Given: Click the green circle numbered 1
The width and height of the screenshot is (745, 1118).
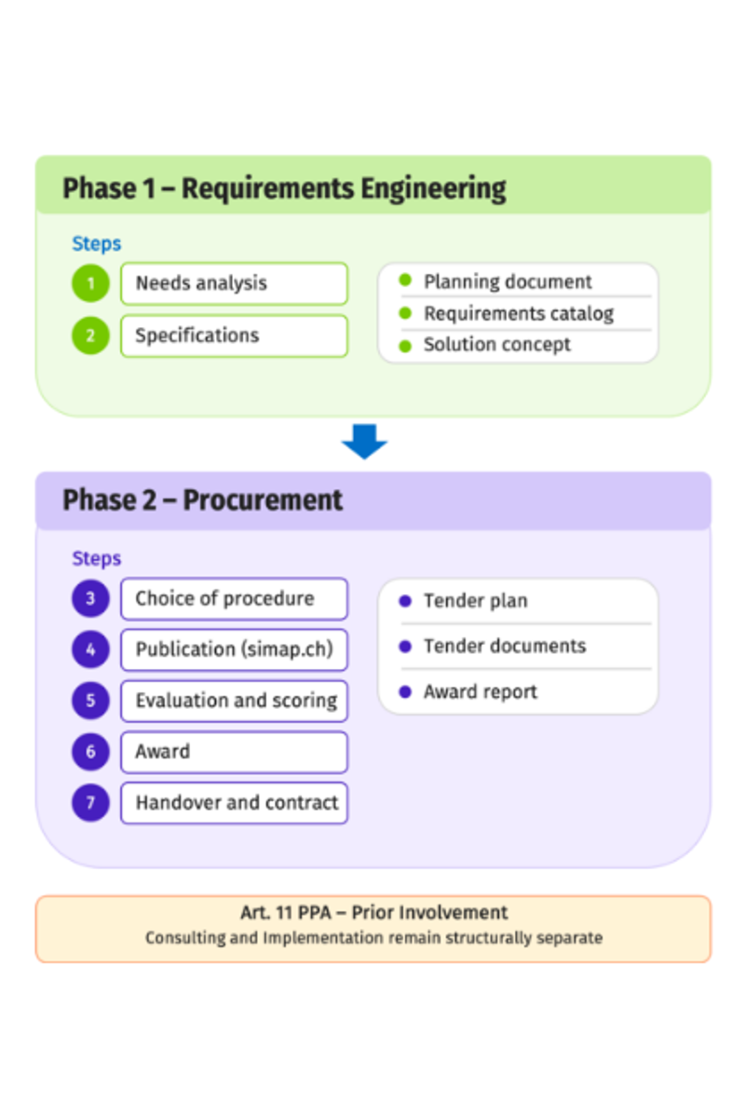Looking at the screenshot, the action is click(90, 283).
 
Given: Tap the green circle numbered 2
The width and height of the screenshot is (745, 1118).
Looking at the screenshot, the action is click(90, 335).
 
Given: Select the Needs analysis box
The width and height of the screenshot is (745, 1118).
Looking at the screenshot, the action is click(234, 283).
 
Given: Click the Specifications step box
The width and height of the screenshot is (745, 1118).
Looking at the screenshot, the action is click(234, 335).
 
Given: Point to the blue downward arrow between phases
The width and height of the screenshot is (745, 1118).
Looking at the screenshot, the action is click(364, 442).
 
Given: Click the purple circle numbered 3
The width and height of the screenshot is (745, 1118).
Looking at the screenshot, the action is click(90, 598).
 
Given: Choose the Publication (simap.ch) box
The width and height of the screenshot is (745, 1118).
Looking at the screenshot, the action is click(234, 650).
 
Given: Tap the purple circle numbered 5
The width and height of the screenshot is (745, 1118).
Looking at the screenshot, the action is click(90, 701).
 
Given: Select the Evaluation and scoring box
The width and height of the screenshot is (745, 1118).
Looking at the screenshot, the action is click(234, 701).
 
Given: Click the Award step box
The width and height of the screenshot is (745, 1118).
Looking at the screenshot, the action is click(234, 752).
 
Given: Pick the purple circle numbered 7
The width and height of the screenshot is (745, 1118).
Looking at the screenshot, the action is click(90, 803).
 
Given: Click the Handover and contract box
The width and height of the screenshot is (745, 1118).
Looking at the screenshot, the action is click(234, 803).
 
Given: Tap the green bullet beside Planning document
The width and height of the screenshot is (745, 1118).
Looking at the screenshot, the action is click(405, 280).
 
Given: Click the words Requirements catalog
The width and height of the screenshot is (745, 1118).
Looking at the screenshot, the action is click(519, 314).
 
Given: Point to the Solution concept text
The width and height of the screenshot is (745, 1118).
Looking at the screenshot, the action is click(497, 345).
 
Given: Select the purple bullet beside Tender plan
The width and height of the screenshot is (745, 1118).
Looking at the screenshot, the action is click(405, 601).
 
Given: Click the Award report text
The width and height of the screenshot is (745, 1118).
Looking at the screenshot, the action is click(481, 692).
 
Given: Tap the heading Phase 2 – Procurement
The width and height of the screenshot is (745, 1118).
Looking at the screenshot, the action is click(203, 500).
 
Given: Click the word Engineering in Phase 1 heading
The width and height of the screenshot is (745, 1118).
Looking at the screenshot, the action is click(433, 190).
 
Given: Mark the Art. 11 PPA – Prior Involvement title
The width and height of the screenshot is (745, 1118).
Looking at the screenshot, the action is click(373, 912).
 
